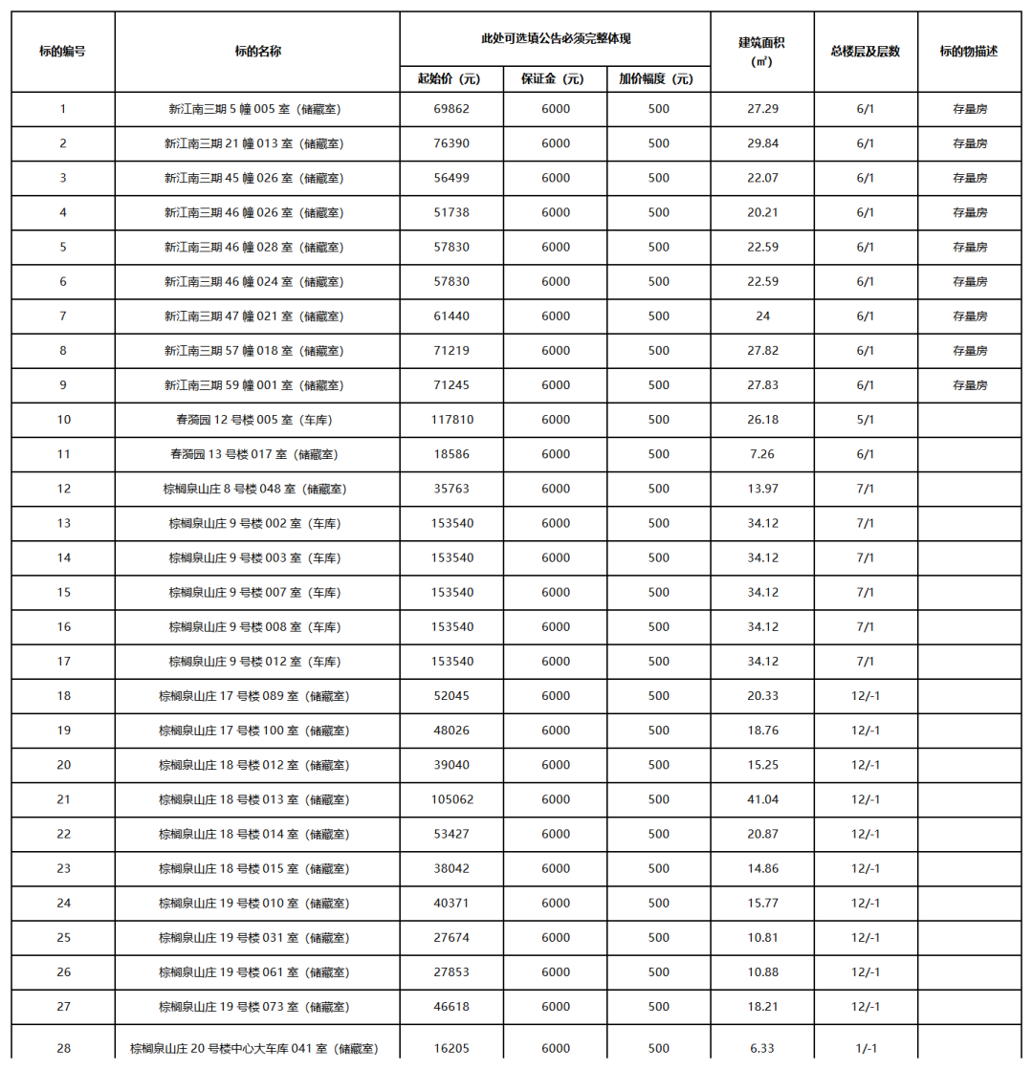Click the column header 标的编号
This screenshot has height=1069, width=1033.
[63, 52]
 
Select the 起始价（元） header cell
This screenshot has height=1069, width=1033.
[449, 78]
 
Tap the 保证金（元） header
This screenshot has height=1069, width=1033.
[555, 78]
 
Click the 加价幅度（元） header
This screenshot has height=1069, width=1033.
[658, 78]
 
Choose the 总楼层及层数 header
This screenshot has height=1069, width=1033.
[866, 52]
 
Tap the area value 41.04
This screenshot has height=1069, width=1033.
[763, 799]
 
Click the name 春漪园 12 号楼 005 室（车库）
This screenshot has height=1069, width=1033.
[254, 420]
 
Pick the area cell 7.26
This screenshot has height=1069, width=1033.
[763, 454]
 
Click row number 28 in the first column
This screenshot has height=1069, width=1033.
[63, 1048]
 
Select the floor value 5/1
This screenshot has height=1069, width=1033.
[866, 420]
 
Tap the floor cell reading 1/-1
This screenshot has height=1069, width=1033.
[866, 1048]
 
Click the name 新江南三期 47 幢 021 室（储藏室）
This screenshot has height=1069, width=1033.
[254, 316]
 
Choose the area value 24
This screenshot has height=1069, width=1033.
[763, 316]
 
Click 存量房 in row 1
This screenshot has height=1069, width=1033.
[970, 109]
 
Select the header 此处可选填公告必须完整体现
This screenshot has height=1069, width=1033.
[555, 38]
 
